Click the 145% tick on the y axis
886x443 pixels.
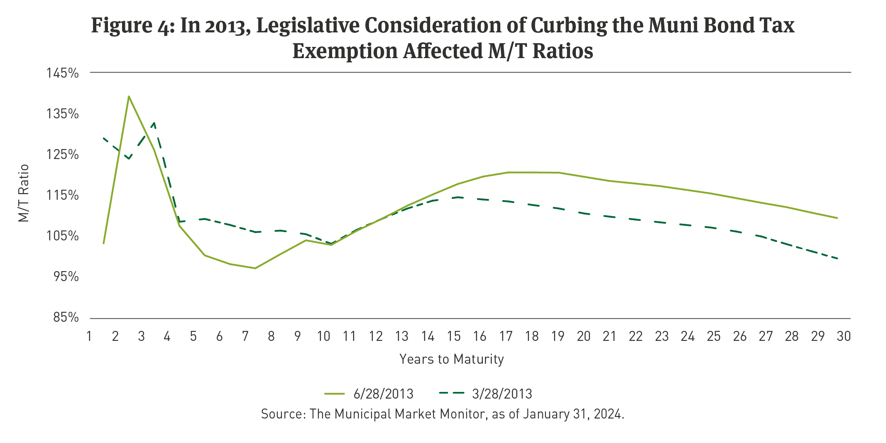tap(63, 73)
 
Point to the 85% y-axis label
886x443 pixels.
tap(66, 318)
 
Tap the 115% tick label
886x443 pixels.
tap(63, 196)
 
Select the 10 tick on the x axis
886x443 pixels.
tap(323, 336)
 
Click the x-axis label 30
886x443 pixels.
tap(844, 336)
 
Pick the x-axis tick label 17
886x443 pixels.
tap(506, 336)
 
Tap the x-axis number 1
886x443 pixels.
tap(89, 336)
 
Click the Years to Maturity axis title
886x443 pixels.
tap(452, 359)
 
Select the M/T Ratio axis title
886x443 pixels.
tap(24, 193)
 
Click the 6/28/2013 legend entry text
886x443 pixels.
tap(383, 394)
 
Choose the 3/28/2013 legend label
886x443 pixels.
tap(502, 394)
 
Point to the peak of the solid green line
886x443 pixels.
tap(129, 96)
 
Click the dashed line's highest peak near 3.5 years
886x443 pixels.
tap(154, 122)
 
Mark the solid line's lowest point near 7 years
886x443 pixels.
tap(255, 268)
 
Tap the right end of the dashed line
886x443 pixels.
tap(838, 259)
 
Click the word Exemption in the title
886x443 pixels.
tap(345, 51)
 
